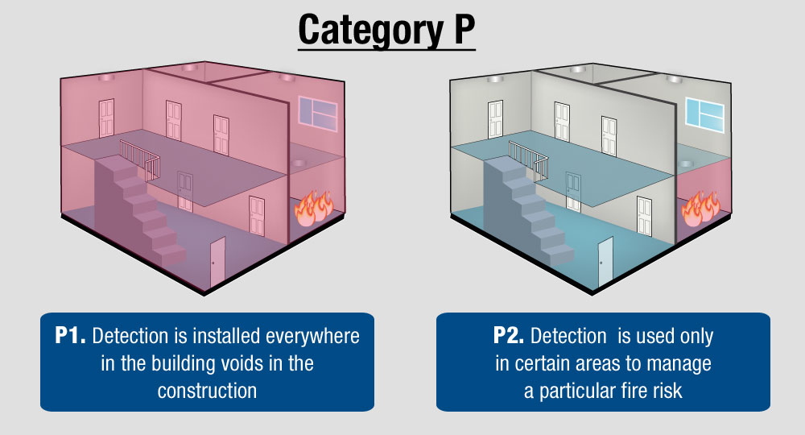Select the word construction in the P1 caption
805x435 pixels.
pyautogui.click(x=207, y=391)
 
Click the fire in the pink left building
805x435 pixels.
pyautogui.click(x=312, y=208)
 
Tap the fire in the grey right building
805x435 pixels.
pyautogui.click(x=701, y=208)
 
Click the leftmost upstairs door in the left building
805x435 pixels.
pyautogui.click(x=107, y=118)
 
